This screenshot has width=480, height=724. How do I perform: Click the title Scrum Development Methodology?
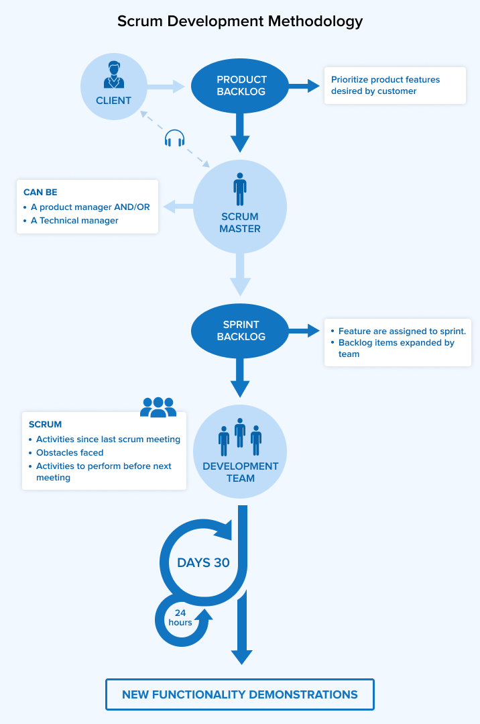click(240, 21)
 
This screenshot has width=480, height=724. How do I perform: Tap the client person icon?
click(113, 75)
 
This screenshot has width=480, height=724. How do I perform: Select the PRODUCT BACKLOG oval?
click(241, 86)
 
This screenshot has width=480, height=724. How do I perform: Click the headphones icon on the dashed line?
click(174, 138)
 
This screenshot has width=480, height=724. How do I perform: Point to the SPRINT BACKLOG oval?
click(241, 331)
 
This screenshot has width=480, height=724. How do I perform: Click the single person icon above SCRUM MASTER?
click(240, 189)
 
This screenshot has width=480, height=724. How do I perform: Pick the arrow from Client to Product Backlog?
click(165, 86)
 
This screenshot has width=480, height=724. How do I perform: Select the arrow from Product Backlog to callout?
click(305, 86)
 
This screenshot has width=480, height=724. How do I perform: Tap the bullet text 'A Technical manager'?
click(74, 220)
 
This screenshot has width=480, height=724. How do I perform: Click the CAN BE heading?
click(40, 193)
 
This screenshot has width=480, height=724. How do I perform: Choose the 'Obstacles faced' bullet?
click(70, 453)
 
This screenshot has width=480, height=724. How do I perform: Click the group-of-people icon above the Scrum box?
click(158, 407)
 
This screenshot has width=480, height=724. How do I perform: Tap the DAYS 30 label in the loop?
click(203, 562)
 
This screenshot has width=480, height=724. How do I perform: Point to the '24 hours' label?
click(180, 617)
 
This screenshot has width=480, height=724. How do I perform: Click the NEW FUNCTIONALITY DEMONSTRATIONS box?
click(240, 694)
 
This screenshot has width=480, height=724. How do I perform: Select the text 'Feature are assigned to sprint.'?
click(402, 331)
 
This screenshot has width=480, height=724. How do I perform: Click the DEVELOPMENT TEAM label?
click(241, 472)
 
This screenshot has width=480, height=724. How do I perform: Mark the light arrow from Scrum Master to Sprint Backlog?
click(240, 275)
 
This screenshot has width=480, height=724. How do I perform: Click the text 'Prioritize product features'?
click(385, 80)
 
